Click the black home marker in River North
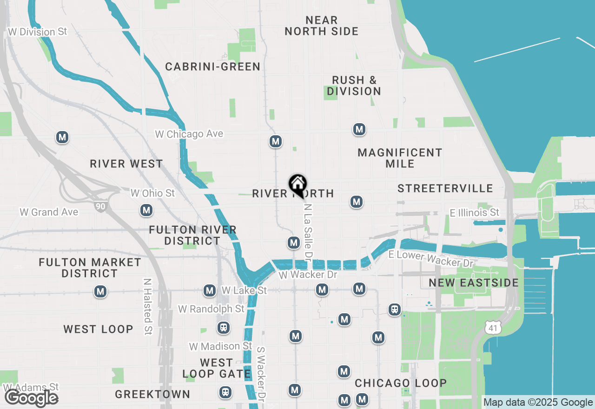point(297,184)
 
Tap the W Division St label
point(38,32)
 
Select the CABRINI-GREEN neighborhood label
point(213,67)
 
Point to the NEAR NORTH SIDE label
point(322,26)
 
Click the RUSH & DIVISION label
point(354,86)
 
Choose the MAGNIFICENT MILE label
point(400,158)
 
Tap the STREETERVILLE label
point(445,188)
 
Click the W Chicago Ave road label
point(189,134)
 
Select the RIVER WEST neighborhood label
point(126,164)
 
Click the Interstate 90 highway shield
point(99,205)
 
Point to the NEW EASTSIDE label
point(474,283)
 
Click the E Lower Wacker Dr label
point(430,258)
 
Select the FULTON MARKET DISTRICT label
point(90,268)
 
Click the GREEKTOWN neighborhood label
point(152,394)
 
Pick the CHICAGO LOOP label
point(401,383)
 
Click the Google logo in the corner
point(32,398)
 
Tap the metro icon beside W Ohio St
point(147,210)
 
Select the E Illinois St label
point(474,212)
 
